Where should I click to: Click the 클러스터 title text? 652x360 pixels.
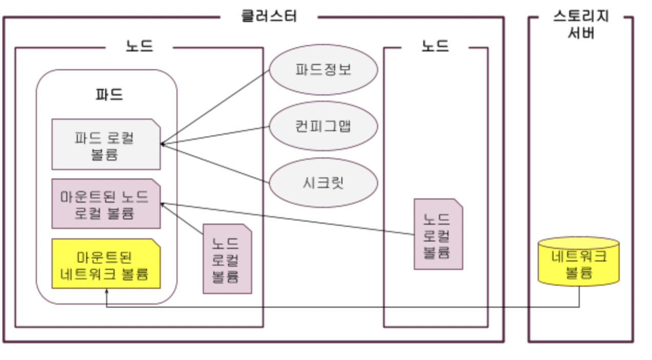coord(269,16)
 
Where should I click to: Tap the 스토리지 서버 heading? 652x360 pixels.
coord(580,24)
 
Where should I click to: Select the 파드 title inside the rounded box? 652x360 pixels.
coord(109,95)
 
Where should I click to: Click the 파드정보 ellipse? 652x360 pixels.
coord(323,70)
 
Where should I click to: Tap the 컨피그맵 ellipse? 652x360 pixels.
coord(323,126)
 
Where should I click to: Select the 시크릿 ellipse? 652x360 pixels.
coord(323,183)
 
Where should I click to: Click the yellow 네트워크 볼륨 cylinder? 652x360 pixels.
coord(579,263)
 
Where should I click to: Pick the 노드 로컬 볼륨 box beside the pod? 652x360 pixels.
coord(227,259)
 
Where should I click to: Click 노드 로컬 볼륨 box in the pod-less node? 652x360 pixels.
coord(438,234)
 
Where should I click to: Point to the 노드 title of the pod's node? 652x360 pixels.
coord(139,46)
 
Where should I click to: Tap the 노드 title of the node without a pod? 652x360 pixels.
coord(435,46)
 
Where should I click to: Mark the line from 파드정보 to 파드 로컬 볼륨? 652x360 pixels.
coord(215,107)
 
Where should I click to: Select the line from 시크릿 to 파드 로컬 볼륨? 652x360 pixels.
coord(215,164)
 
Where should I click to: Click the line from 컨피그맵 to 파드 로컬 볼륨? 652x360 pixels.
coord(215,135)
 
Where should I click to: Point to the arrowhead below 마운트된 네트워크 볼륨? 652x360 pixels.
coord(106,291)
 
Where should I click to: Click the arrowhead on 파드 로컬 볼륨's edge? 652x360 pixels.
coord(162,144)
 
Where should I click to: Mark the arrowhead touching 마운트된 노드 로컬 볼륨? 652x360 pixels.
coord(163,204)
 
